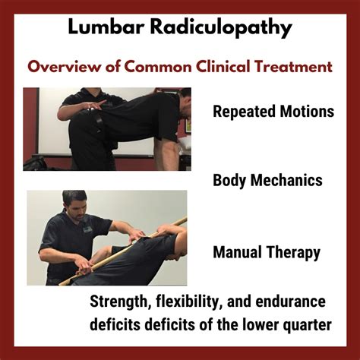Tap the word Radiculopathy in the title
click(221, 28)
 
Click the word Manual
click(237, 252)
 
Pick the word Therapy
click(293, 253)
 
